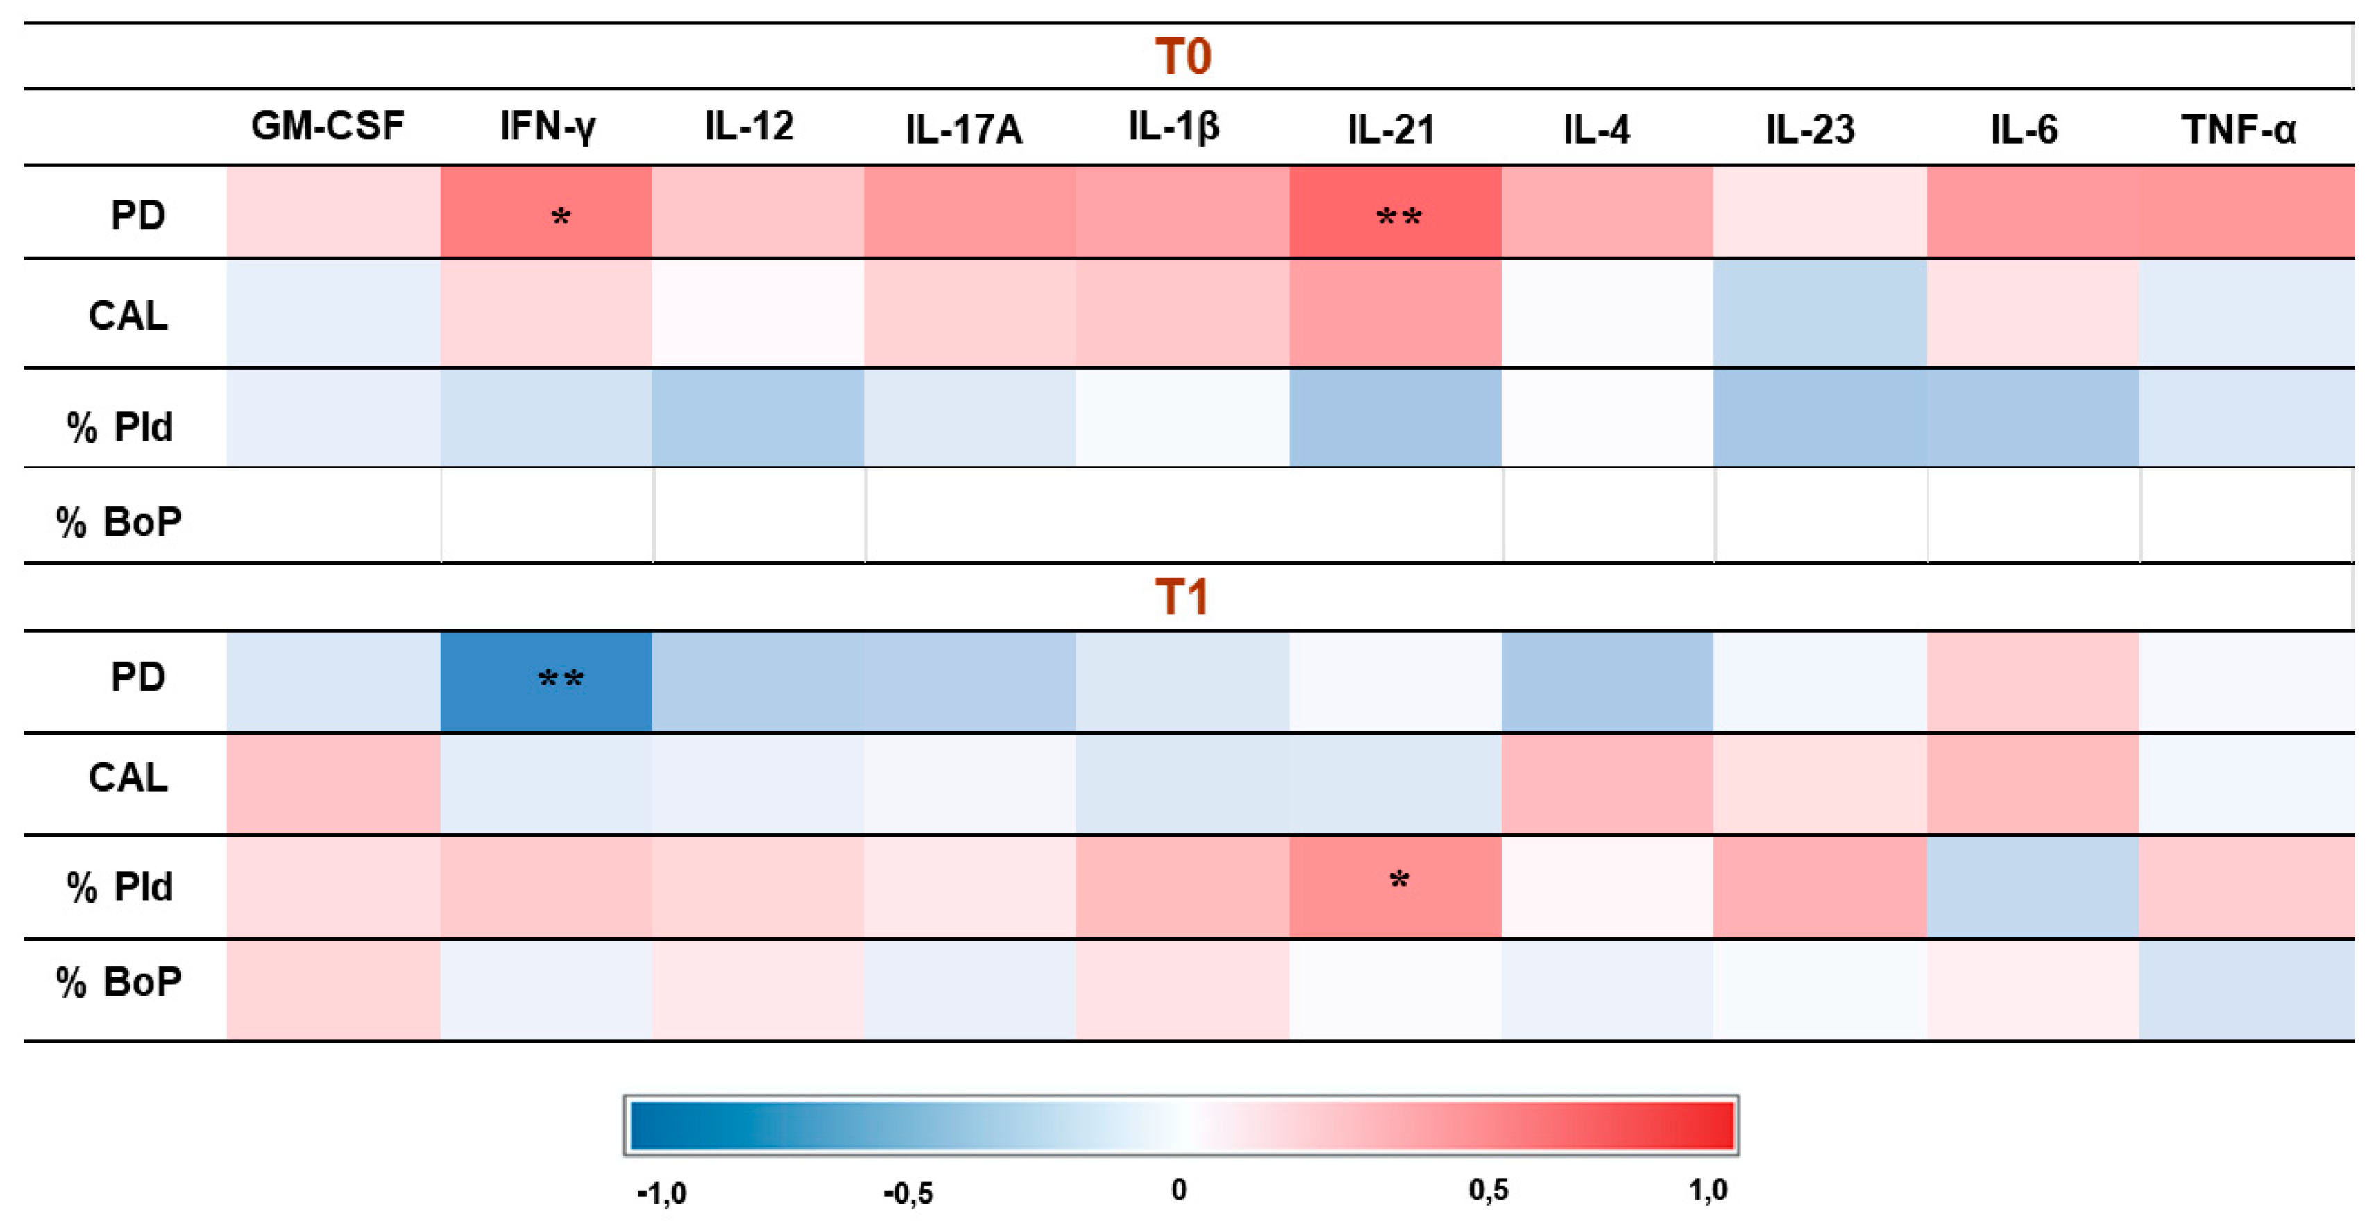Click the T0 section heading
pos(1182,56)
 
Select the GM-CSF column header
pos(327,126)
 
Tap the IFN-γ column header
pos(548,126)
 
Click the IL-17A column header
pos(964,129)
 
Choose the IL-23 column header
pos(1810,129)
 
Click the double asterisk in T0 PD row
pos(1398,217)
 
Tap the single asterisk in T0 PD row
pos(560,217)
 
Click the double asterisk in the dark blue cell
pos(560,679)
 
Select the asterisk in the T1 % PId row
pos(1398,880)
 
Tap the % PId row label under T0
pos(120,427)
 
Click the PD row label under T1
pos(137,677)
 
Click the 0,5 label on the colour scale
pos(1489,1190)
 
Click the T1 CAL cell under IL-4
pos(1606,783)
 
